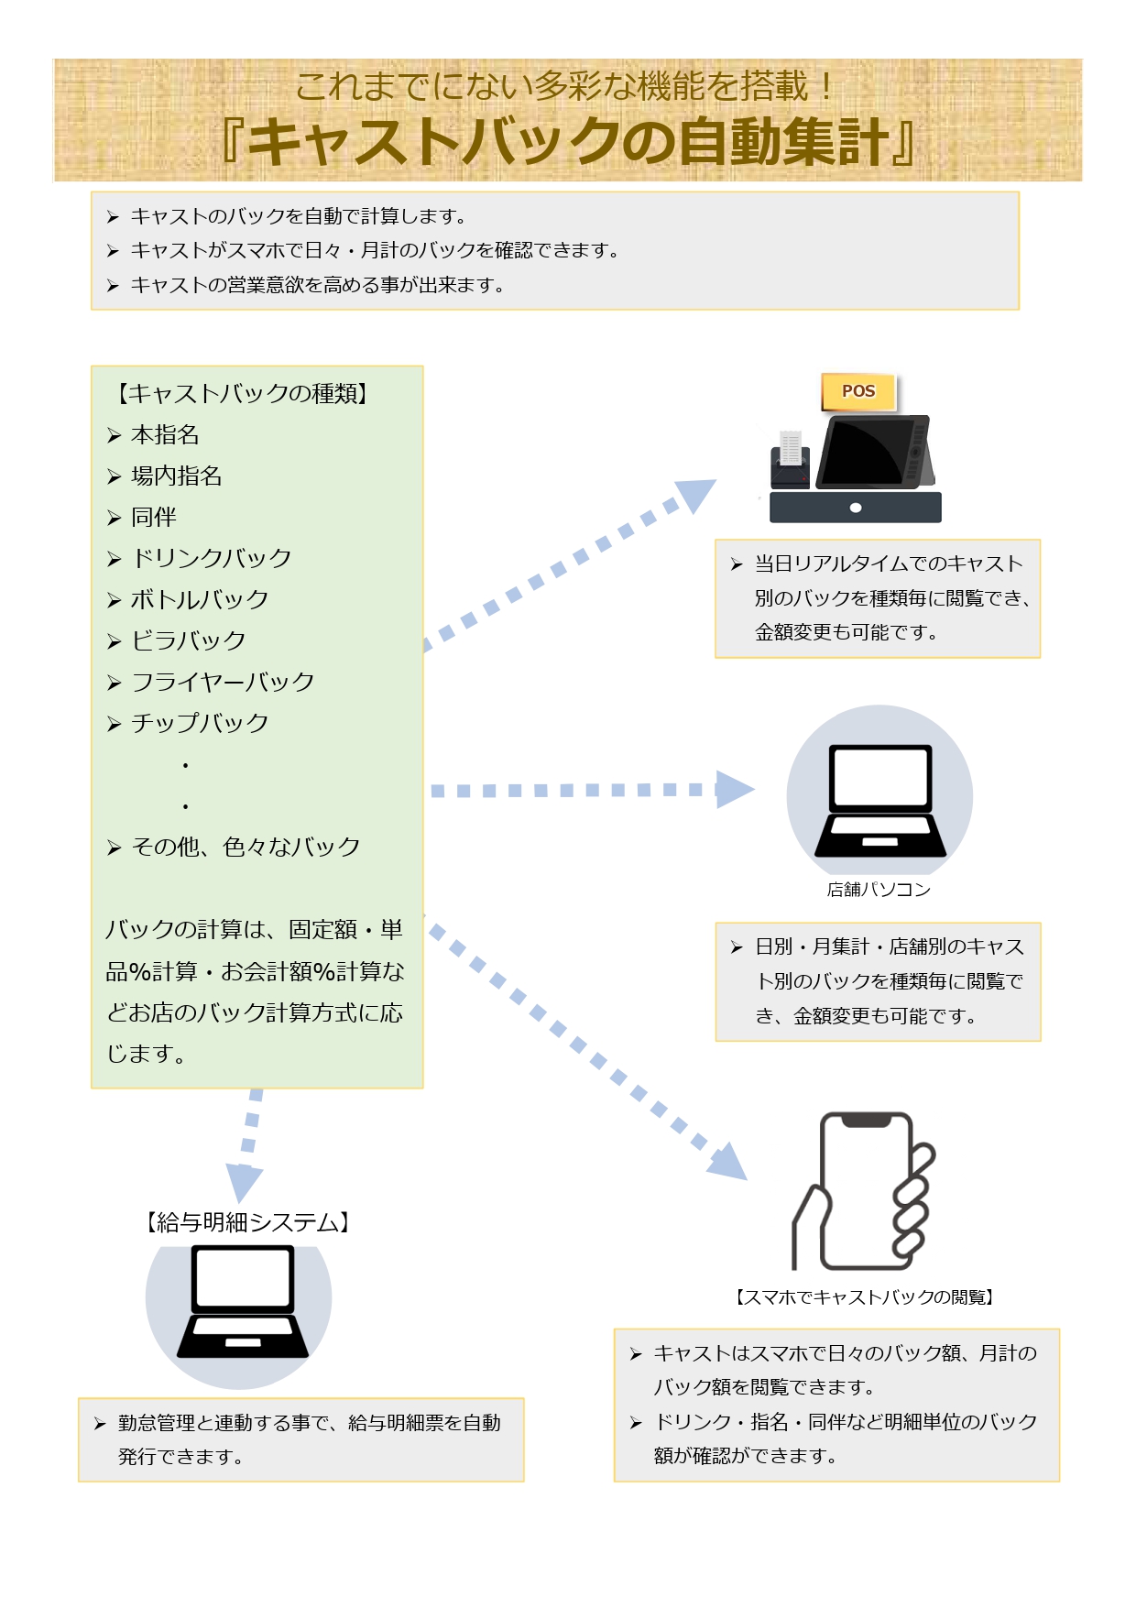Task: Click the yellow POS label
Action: [x=858, y=391]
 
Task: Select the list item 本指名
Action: [x=165, y=435]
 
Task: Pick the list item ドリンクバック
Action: [x=212, y=559]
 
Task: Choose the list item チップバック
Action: [x=200, y=724]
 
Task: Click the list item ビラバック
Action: [x=189, y=641]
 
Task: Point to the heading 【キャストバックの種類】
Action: [x=242, y=394]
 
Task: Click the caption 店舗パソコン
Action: [x=879, y=890]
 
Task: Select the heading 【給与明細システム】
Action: [x=247, y=1223]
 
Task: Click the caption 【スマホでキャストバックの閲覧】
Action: [x=864, y=1297]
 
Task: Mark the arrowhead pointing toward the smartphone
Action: [x=728, y=1162]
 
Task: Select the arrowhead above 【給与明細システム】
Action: [x=244, y=1182]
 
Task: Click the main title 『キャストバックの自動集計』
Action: [x=568, y=142]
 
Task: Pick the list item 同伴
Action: [x=154, y=518]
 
